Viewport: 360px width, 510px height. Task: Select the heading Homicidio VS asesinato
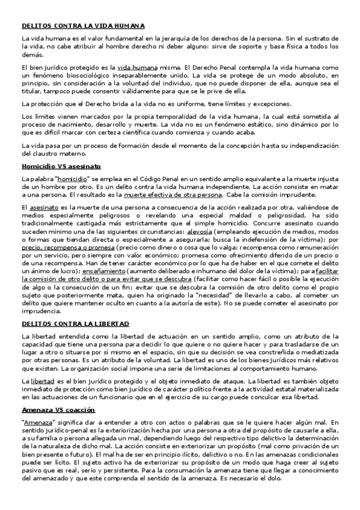click(61, 165)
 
